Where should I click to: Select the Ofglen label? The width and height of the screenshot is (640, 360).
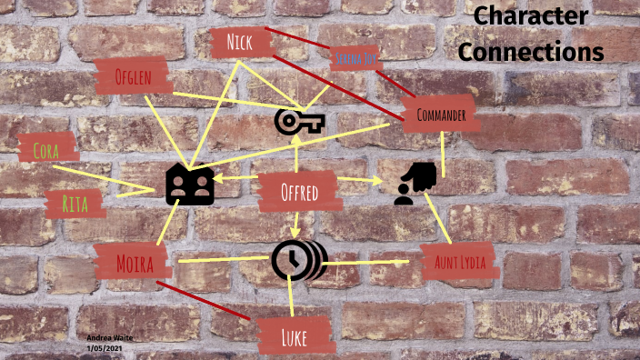(x=133, y=75)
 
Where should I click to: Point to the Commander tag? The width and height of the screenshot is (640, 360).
(x=440, y=115)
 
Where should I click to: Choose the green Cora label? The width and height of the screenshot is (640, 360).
(x=47, y=149)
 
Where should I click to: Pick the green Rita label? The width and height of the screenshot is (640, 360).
(x=75, y=205)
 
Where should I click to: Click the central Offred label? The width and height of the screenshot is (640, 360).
(x=299, y=193)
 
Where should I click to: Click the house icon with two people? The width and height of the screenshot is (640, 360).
(x=189, y=185)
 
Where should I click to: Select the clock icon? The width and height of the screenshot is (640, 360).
(x=297, y=261)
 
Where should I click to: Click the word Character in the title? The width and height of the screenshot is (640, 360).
(x=531, y=17)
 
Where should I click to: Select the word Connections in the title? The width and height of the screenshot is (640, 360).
(x=531, y=51)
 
